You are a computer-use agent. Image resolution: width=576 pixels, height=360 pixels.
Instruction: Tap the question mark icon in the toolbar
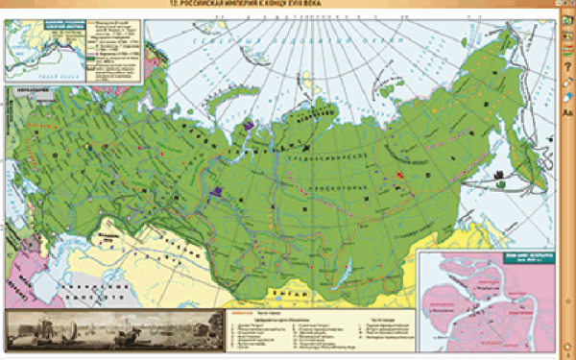click(x=567, y=68)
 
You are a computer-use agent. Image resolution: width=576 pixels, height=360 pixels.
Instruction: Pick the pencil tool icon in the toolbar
click(x=567, y=83)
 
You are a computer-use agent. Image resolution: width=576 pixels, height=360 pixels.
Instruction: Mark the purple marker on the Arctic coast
click(x=249, y=125)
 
